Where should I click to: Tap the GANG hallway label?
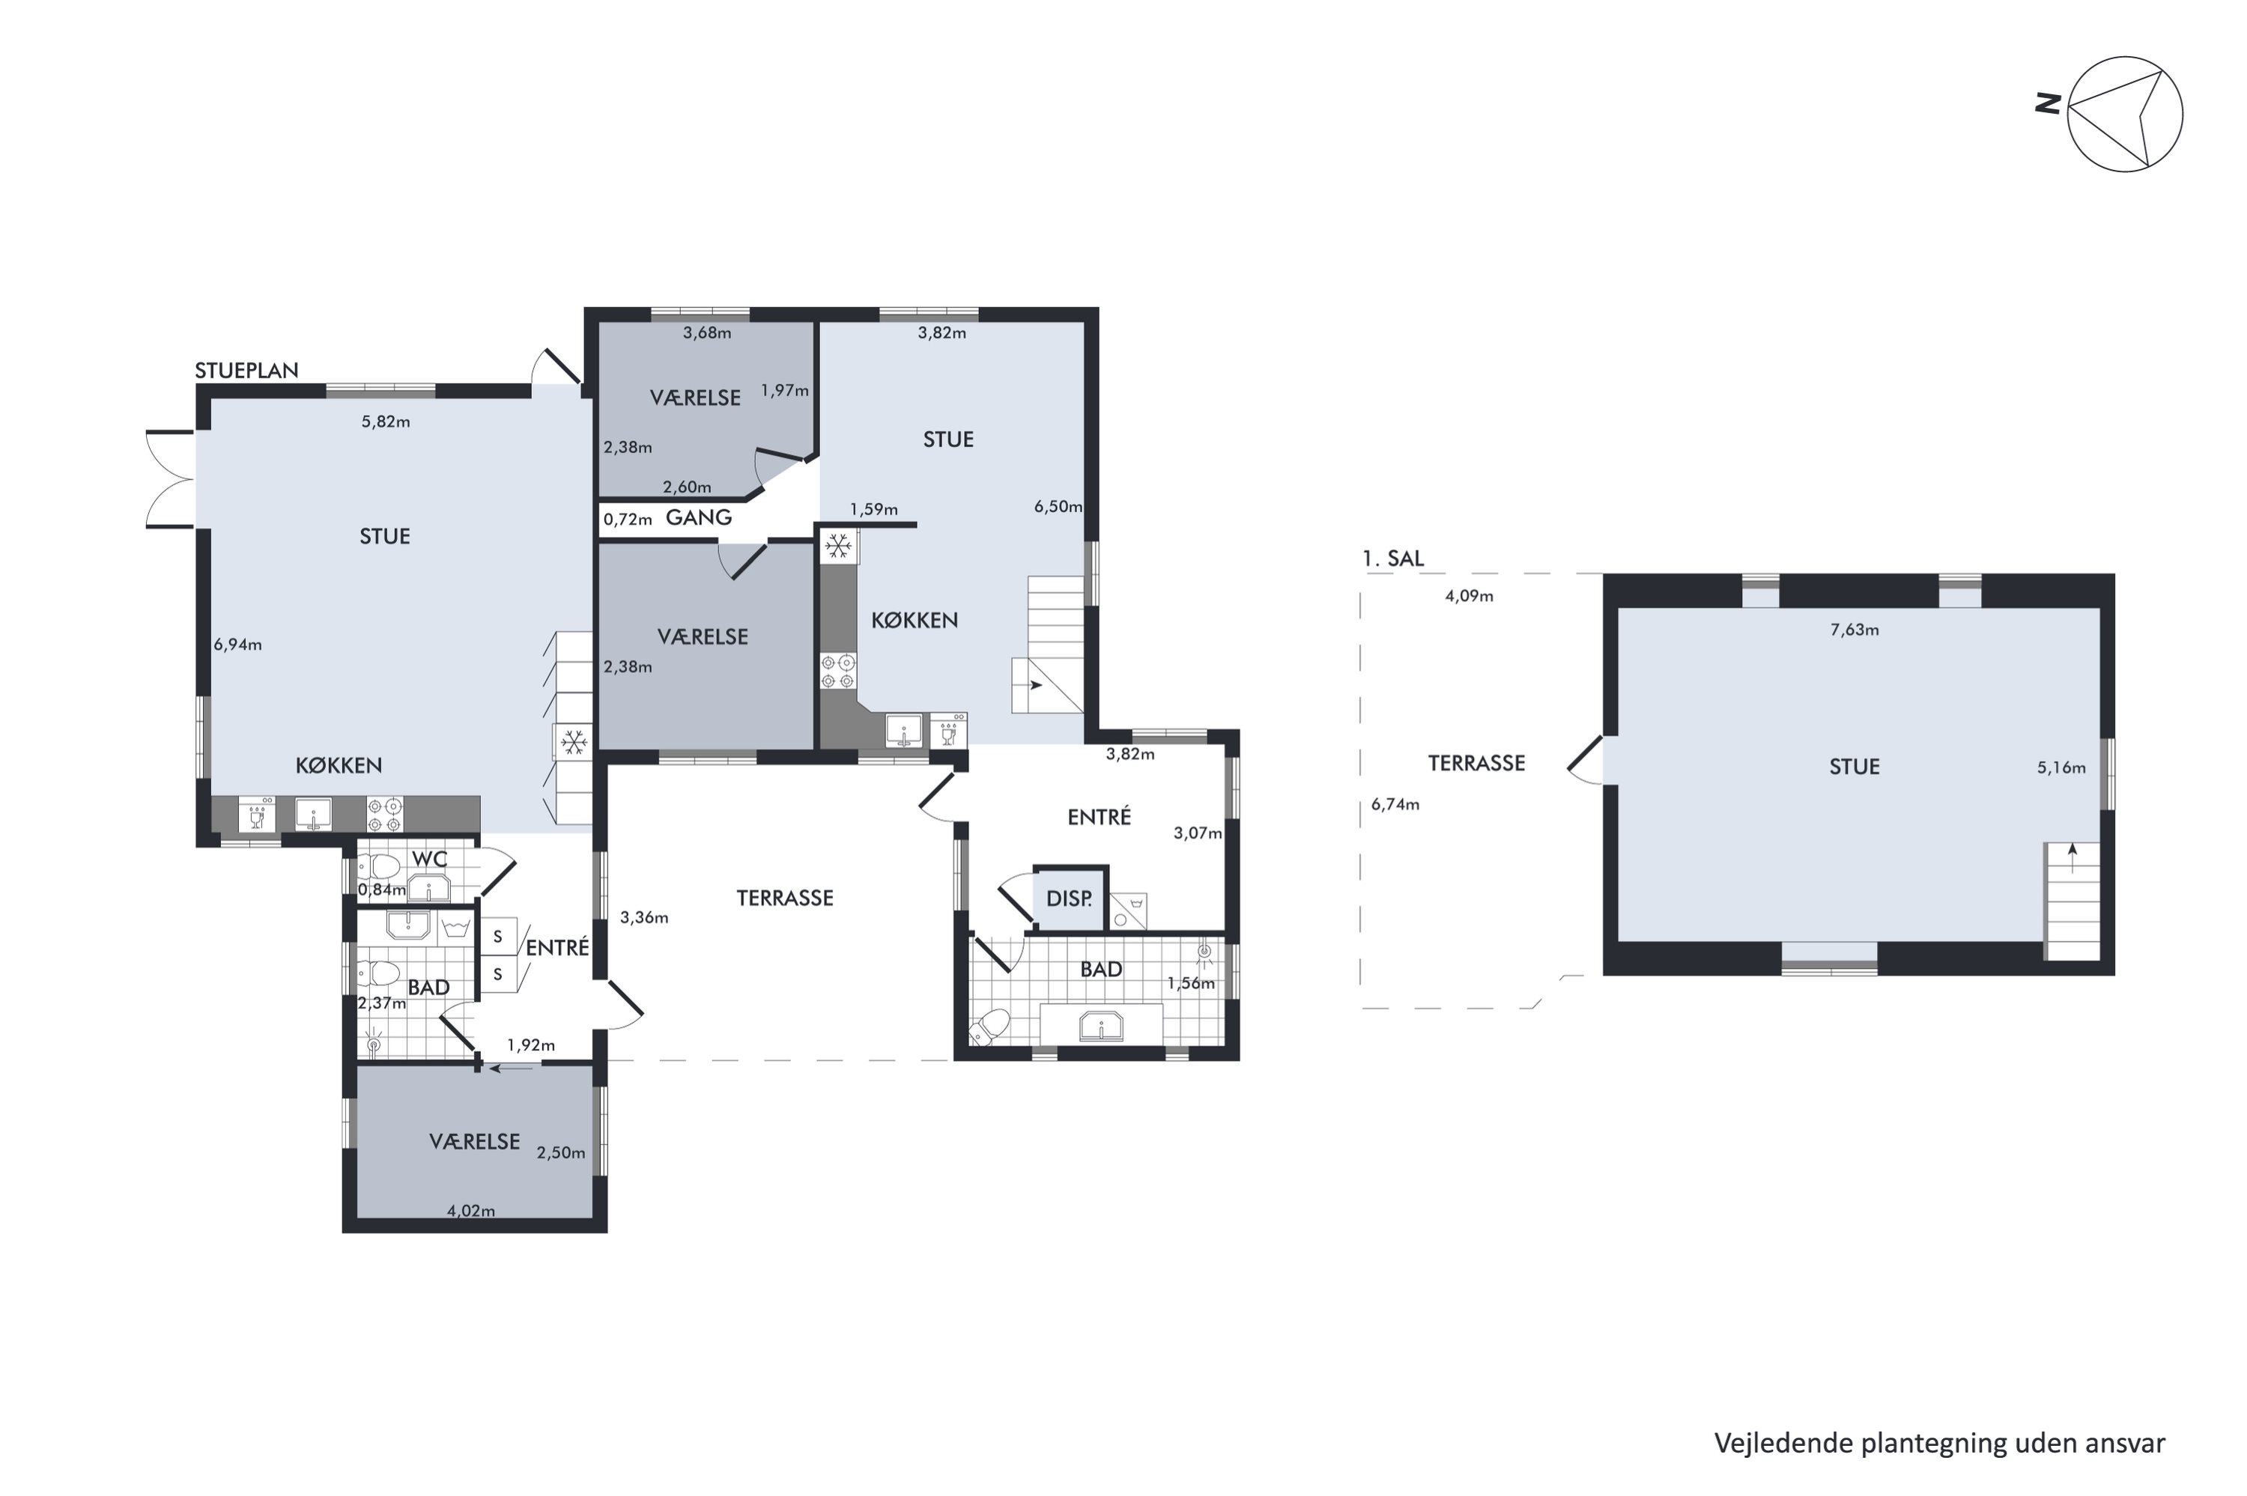[x=698, y=517]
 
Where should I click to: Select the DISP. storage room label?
[x=1069, y=898]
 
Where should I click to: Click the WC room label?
[x=429, y=859]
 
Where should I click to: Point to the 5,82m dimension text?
[x=386, y=422]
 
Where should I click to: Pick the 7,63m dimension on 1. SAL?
[x=1854, y=630]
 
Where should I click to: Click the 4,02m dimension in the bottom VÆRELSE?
[x=471, y=1211]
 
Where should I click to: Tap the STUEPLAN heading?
[x=246, y=370]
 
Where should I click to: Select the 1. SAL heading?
[x=1393, y=558]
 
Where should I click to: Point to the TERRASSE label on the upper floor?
[x=1476, y=762]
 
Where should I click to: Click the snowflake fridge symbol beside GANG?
[x=837, y=546]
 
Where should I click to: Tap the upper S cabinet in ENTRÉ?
[x=497, y=937]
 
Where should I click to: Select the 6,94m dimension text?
[x=237, y=645]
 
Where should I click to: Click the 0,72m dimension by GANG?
[x=628, y=520]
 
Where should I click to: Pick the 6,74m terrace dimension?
[x=1395, y=804]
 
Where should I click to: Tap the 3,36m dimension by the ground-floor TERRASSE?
[x=644, y=918]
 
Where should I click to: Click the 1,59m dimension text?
[x=874, y=509]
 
